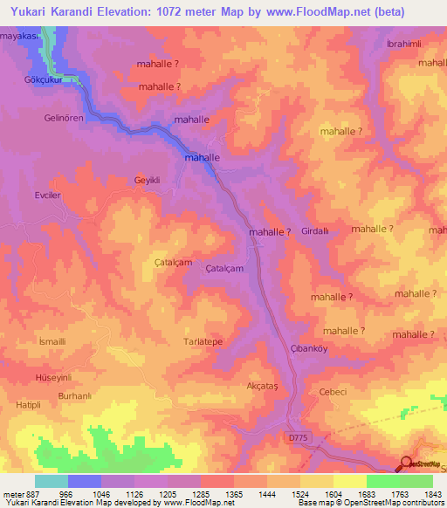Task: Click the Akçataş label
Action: tap(263, 384)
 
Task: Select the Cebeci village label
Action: tap(334, 393)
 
